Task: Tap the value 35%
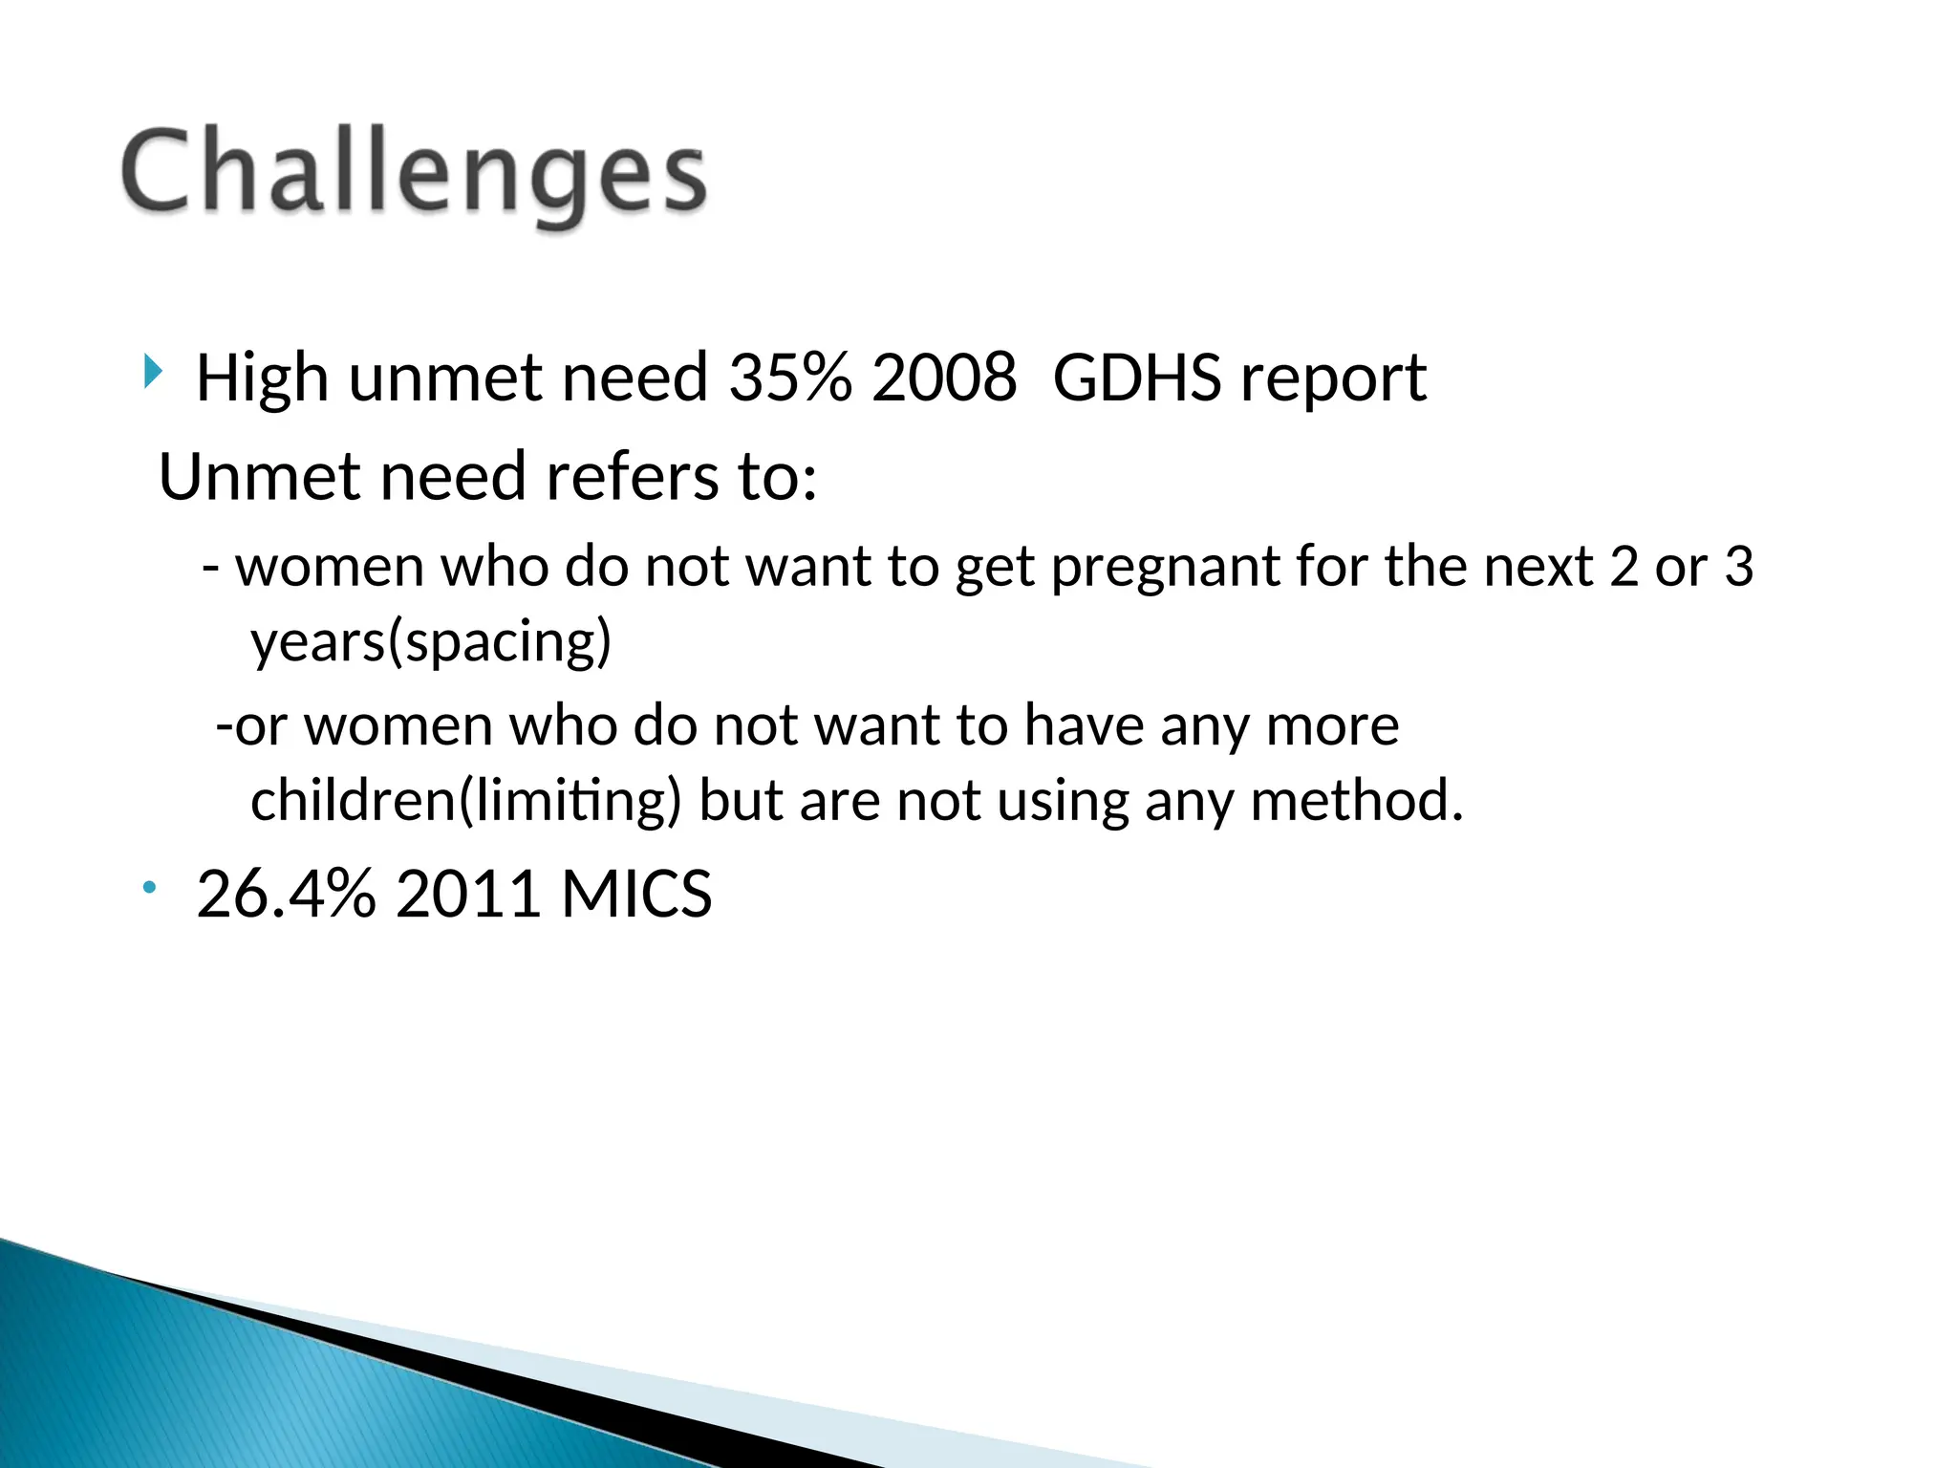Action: pos(789,378)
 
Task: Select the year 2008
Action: pos(944,378)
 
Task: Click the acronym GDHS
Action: pos(1136,378)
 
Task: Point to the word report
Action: pos(1332,380)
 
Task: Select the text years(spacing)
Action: pos(430,642)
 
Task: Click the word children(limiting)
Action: pos(465,801)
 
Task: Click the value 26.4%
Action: pos(286,895)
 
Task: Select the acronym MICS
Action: pos(636,895)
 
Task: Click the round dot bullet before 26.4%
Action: pos(149,889)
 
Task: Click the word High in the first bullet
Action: pos(263,378)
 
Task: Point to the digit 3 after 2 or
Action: pos(1738,567)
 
